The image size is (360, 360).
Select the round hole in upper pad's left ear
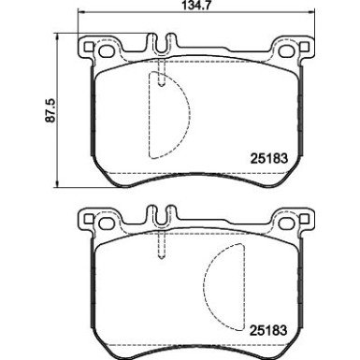click(x=90, y=47)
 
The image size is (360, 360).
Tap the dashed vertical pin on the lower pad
click(x=163, y=241)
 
